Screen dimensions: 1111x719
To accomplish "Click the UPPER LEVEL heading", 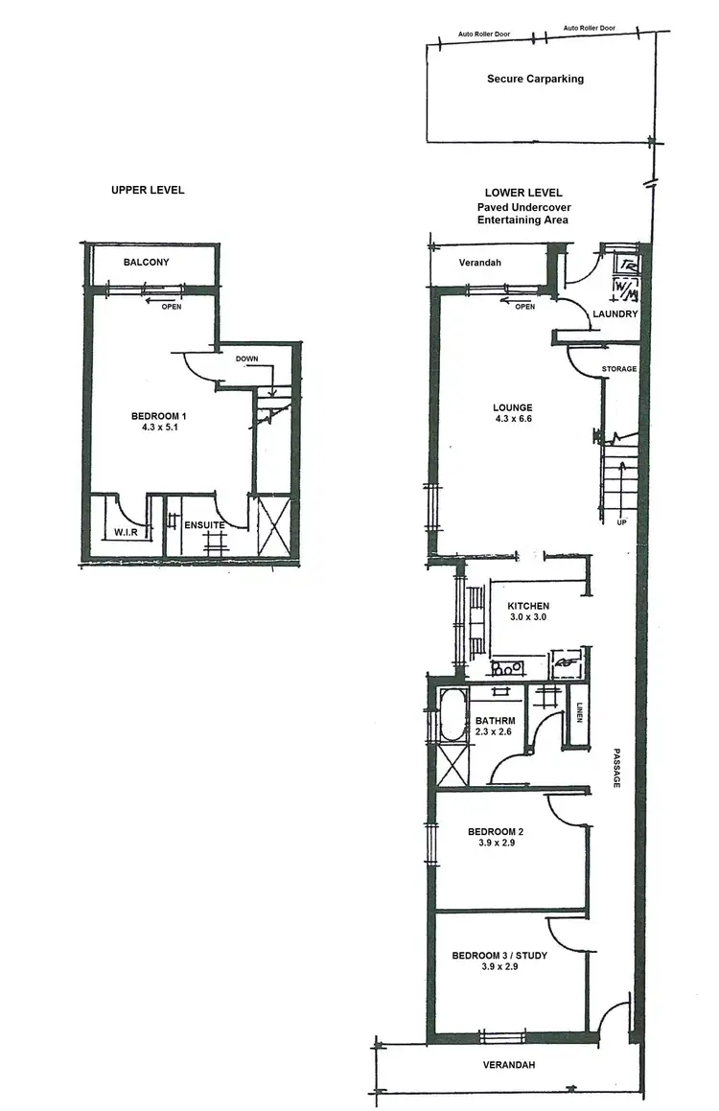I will coord(148,190).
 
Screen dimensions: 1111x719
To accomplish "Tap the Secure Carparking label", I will coord(535,79).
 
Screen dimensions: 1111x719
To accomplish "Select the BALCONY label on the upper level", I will coord(146,262).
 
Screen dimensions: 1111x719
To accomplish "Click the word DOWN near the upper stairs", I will coord(247,359).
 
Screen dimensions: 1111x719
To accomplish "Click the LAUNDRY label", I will coord(615,314).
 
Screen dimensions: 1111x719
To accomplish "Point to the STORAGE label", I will coord(618,369).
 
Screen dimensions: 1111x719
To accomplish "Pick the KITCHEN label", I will coord(528,606).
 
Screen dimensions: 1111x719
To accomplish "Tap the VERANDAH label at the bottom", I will coord(508,1065).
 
